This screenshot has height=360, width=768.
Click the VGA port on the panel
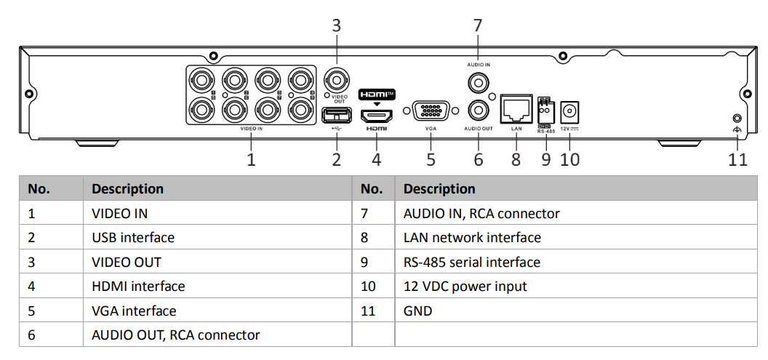(431, 111)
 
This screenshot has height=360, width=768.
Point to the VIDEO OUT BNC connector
(335, 79)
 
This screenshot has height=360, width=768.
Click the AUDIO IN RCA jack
(479, 82)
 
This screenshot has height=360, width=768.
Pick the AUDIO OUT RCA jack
(479, 111)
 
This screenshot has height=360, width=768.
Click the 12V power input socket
(570, 113)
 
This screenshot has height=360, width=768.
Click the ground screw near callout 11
(737, 118)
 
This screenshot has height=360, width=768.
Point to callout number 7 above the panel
(478, 25)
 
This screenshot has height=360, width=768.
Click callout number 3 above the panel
(336, 25)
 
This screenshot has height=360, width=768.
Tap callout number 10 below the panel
(570, 159)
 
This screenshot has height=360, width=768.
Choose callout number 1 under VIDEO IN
(252, 159)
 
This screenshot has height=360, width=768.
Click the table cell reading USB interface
(133, 238)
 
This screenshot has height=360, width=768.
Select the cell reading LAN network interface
(472, 238)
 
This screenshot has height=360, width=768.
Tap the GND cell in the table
(417, 311)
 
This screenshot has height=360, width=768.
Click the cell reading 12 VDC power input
(465, 287)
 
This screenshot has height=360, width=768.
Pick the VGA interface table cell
(134, 311)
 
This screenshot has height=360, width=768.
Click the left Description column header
(128, 189)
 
